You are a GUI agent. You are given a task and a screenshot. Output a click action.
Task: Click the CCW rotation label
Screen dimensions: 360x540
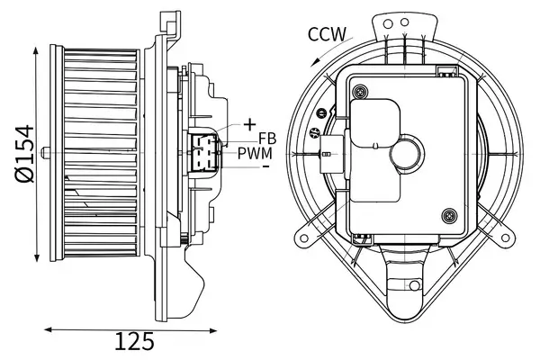click(328, 35)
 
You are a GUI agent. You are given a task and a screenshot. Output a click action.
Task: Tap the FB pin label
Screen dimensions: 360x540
click(267, 138)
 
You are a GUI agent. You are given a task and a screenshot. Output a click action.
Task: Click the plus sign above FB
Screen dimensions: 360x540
click(249, 123)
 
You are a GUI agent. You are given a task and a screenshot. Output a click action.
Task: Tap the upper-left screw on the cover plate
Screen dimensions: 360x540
click(360, 90)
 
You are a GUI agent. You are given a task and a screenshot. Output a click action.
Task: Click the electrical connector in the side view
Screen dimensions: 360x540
click(204, 150)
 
